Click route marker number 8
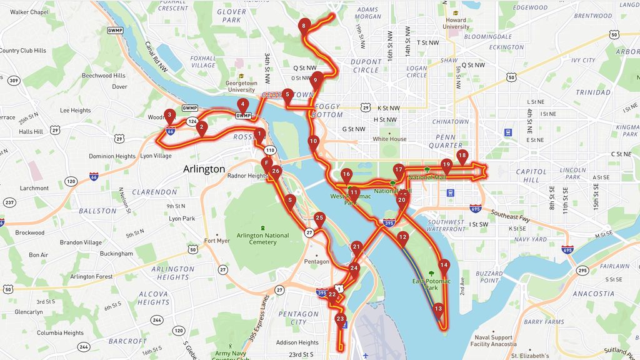[303, 26]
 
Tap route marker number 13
[438, 309]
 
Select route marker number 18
[462, 156]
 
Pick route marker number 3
[169, 115]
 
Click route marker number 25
[319, 219]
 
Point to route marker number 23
[339, 319]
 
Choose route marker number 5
[287, 95]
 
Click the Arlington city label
[204, 169]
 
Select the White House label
[389, 139]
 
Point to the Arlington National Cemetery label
[263, 239]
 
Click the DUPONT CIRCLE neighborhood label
[366, 66]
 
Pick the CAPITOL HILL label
[531, 176]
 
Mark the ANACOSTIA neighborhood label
[593, 293]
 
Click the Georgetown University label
[241, 86]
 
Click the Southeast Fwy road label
[512, 213]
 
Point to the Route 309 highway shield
[13, 80]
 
